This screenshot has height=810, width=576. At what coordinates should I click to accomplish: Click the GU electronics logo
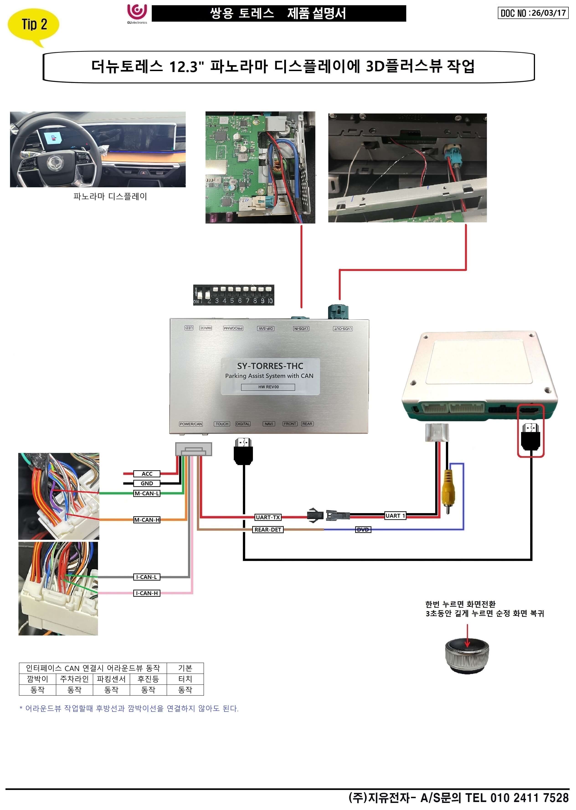[x=137, y=13]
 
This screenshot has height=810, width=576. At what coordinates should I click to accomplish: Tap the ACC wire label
[x=147, y=474]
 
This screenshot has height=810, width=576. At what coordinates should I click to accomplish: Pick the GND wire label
[x=147, y=483]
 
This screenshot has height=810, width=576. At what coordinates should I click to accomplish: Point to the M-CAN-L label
[x=147, y=493]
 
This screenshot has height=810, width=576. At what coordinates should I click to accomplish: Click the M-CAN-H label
[x=147, y=520]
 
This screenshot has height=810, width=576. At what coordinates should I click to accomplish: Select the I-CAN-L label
[x=147, y=577]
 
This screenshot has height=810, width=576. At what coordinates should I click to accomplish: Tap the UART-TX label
[x=268, y=517]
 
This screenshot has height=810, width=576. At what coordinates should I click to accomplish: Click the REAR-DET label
[x=268, y=530]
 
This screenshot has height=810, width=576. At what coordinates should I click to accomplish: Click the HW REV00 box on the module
[x=268, y=387]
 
